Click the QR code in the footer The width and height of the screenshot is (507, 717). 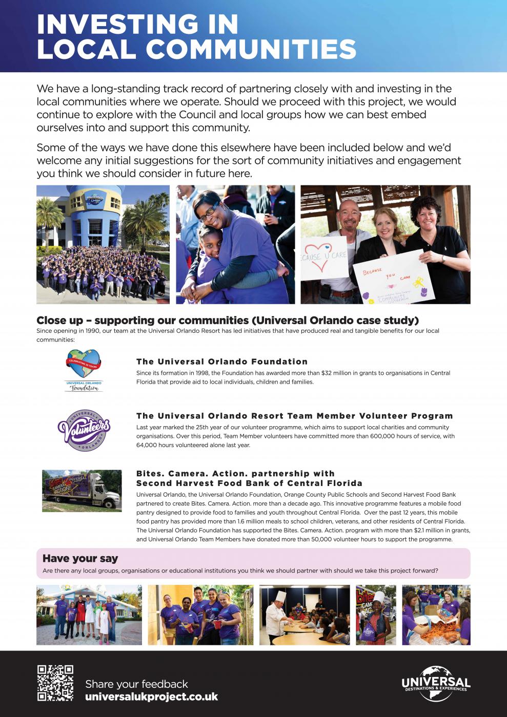pyautogui.click(x=55, y=683)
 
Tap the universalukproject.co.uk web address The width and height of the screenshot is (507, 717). pyautogui.click(x=151, y=697)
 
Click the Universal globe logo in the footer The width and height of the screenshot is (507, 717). pyautogui.click(x=436, y=683)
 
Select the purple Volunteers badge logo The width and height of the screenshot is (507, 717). pyautogui.click(x=84, y=430)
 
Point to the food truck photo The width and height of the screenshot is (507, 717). pyautogui.click(x=82, y=491)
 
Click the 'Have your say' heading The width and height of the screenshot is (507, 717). pyautogui.click(x=80, y=558)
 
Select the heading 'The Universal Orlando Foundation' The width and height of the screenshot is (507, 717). pyautogui.click(x=222, y=362)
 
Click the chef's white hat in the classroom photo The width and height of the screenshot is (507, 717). pyautogui.click(x=281, y=597)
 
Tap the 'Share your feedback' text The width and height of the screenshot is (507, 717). pyautogui.click(x=136, y=684)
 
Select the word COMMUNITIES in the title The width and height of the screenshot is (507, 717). pyautogui.click(x=251, y=50)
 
